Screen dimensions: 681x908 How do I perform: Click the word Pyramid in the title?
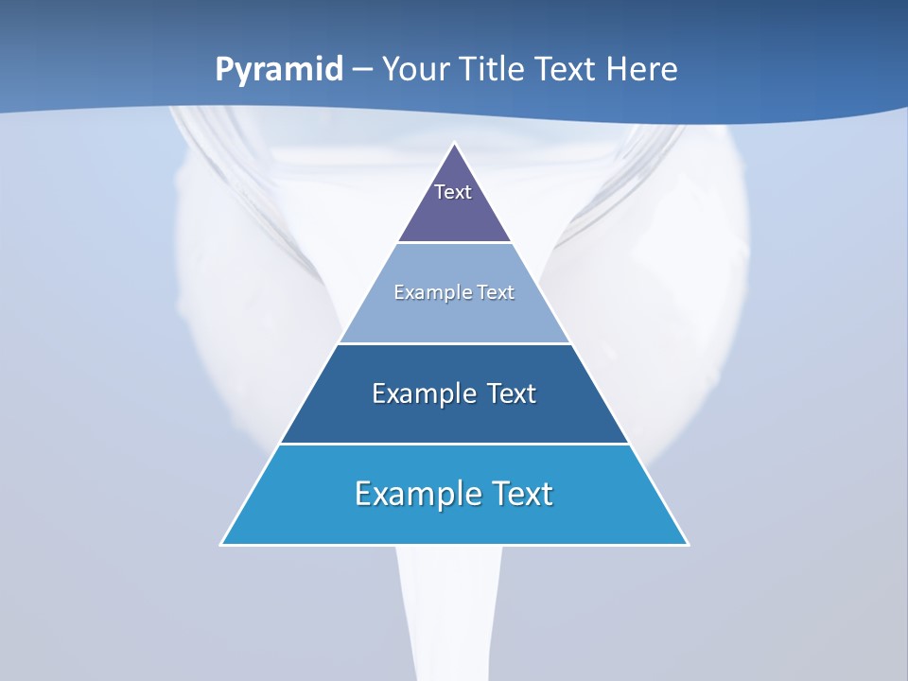[278, 70]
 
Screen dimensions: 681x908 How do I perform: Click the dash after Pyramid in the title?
[362, 70]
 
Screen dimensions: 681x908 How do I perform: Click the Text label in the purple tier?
[453, 192]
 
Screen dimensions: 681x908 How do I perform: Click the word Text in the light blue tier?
[497, 292]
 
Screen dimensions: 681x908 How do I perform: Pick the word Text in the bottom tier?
[522, 494]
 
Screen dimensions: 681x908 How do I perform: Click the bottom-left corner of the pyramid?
[222, 544]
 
